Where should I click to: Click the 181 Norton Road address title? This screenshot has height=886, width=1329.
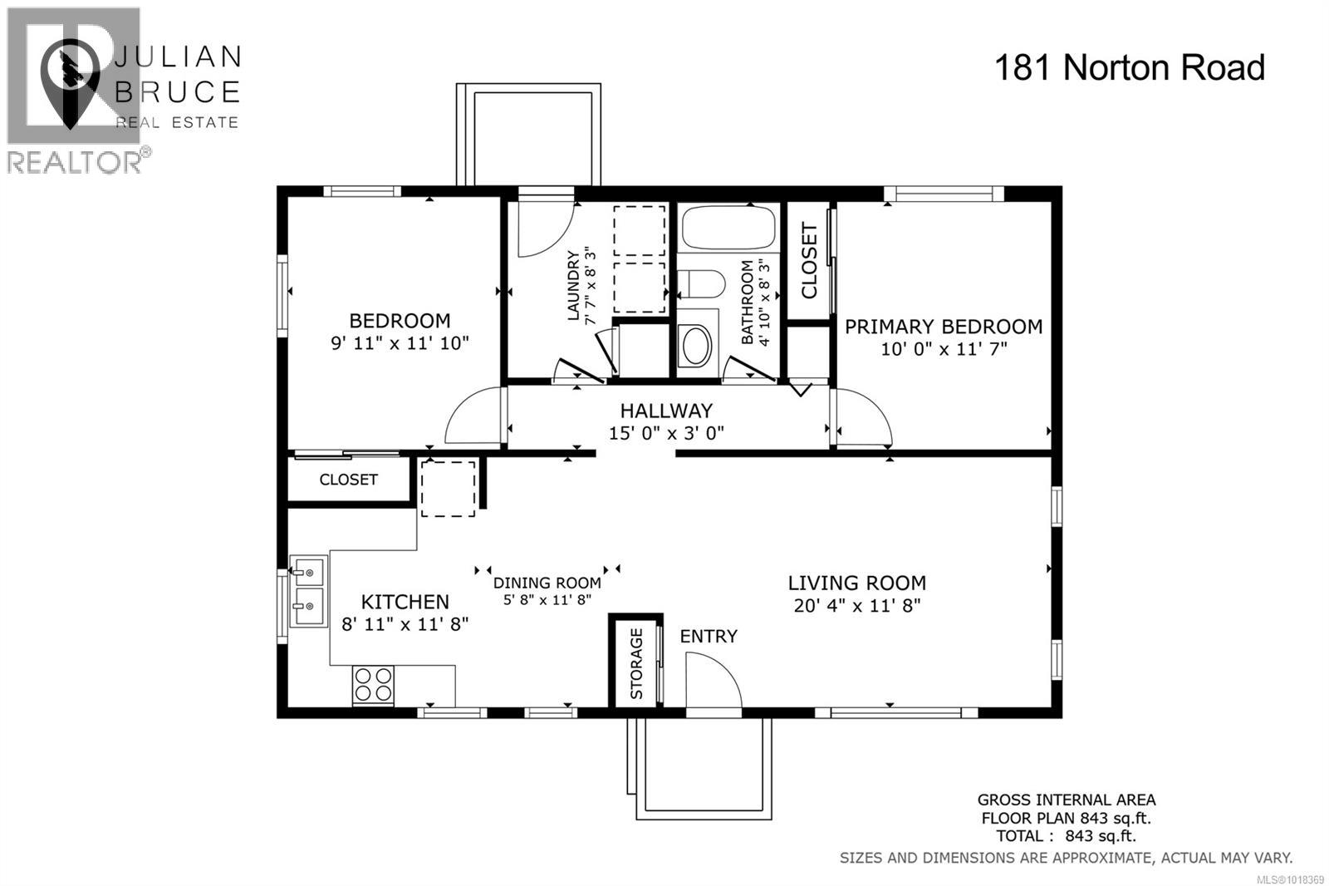(x=1129, y=67)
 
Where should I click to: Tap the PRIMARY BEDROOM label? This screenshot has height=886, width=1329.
(x=944, y=327)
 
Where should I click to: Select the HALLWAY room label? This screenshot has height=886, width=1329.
(x=666, y=411)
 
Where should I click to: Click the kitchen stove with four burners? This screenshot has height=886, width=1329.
(x=372, y=685)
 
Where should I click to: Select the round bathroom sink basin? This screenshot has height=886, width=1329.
(x=695, y=346)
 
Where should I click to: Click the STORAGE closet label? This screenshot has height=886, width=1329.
(x=637, y=662)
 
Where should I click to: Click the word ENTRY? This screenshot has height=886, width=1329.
(x=709, y=636)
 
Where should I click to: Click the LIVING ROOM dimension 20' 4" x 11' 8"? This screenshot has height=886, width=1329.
(x=856, y=605)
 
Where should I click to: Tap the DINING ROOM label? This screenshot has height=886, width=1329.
(x=547, y=583)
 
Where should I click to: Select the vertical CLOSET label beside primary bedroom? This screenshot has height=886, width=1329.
(x=809, y=261)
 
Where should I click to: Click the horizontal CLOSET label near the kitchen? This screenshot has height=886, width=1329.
(x=348, y=480)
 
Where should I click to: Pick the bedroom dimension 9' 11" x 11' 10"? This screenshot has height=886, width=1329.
(x=400, y=342)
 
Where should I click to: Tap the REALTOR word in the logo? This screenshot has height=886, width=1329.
(x=75, y=161)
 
